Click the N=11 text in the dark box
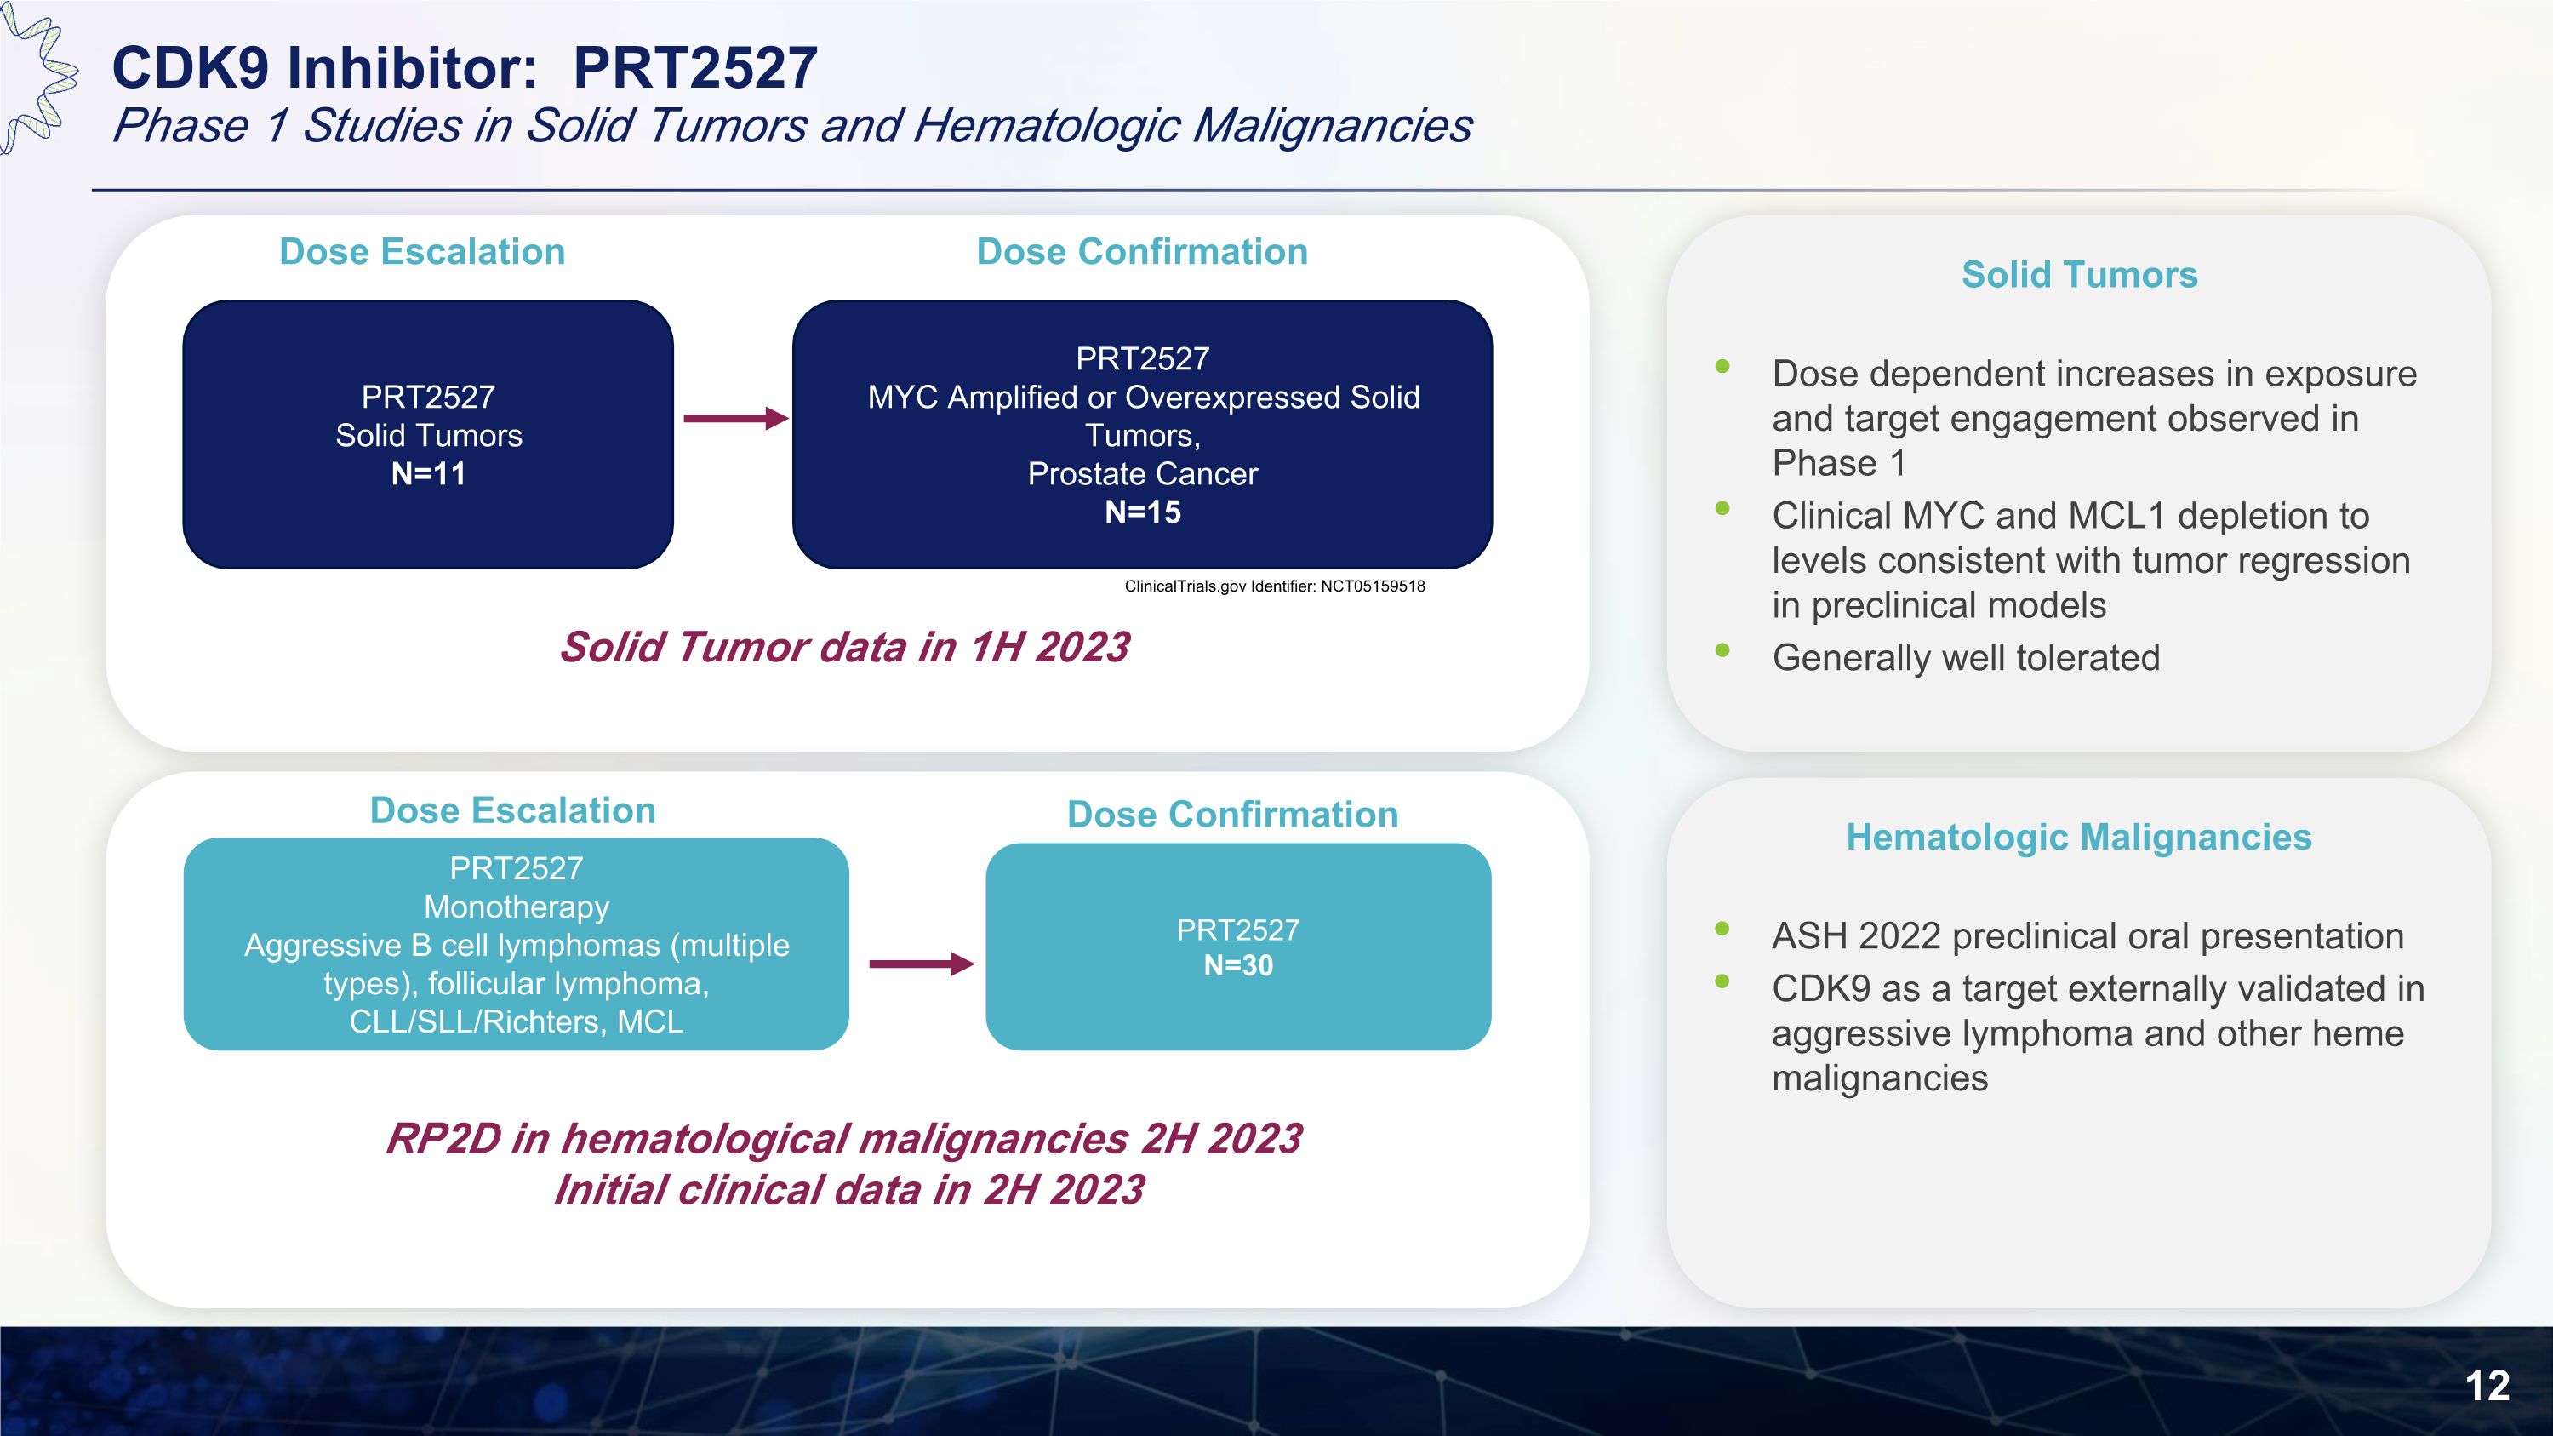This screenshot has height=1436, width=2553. pyautogui.click(x=428, y=474)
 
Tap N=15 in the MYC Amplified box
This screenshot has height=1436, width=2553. pyautogui.click(x=1143, y=512)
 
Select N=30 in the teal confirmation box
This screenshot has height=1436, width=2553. pyautogui.click(x=1238, y=965)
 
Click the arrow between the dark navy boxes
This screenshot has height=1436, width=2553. pyautogui.click(x=734, y=418)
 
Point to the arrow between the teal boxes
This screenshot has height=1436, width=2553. pyautogui.click(x=921, y=964)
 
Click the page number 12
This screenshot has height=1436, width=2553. pyautogui.click(x=2487, y=1386)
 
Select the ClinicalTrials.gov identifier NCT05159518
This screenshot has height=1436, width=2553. pyautogui.click(x=1274, y=586)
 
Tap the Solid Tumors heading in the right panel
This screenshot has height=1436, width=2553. pyautogui.click(x=2079, y=274)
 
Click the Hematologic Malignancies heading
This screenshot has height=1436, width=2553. pyautogui.click(x=2078, y=838)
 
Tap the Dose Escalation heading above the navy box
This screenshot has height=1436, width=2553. pyautogui.click(x=422, y=252)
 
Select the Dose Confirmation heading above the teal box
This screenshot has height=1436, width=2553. pyautogui.click(x=1232, y=815)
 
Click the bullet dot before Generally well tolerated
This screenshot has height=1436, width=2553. pyautogui.click(x=1722, y=651)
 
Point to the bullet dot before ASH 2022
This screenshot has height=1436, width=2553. pyautogui.click(x=1722, y=930)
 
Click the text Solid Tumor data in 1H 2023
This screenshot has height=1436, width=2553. pyautogui.click(x=844, y=647)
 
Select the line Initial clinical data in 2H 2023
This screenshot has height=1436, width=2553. pyautogui.click(x=848, y=1190)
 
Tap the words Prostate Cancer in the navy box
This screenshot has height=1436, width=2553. pyautogui.click(x=1142, y=474)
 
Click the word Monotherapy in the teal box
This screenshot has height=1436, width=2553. pyautogui.click(x=517, y=907)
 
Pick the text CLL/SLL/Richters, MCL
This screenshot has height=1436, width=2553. pyautogui.click(x=517, y=1021)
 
